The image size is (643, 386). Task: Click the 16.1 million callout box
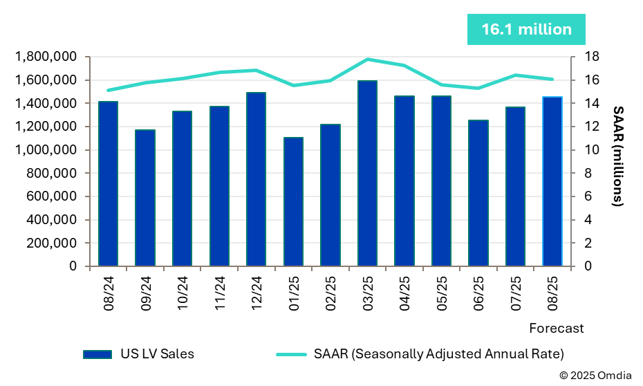pyautogui.click(x=526, y=30)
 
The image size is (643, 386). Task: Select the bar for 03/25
pyautogui.click(x=367, y=173)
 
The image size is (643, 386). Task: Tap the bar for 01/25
pyautogui.click(x=293, y=201)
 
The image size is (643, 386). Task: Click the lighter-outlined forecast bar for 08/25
pyautogui.click(x=552, y=181)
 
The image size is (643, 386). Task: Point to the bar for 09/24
pyautogui.click(x=145, y=197)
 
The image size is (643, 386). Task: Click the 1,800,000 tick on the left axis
pyautogui.click(x=47, y=57)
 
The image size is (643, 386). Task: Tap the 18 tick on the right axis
pyautogui.click(x=583, y=57)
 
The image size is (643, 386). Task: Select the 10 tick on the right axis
pyautogui.click(x=583, y=150)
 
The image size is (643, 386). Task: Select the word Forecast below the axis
pyautogui.click(x=557, y=328)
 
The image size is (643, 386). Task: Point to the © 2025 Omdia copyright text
pyautogui.click(x=595, y=375)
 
